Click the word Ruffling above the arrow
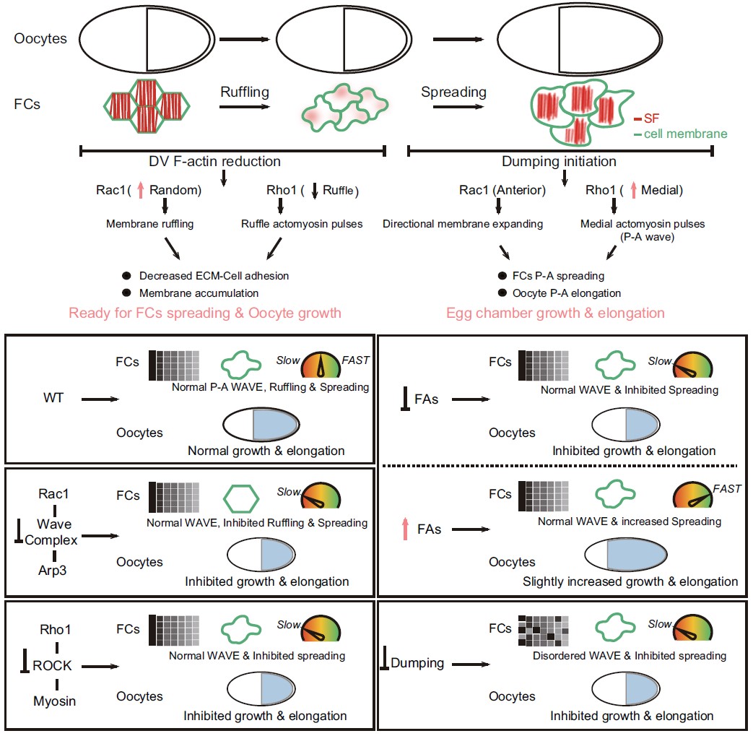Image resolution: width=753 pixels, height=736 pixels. point(245,92)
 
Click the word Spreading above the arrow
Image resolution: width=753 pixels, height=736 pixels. point(454,92)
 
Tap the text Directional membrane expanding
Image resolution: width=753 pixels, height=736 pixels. point(463,224)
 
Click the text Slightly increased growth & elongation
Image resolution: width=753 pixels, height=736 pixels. point(631,581)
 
